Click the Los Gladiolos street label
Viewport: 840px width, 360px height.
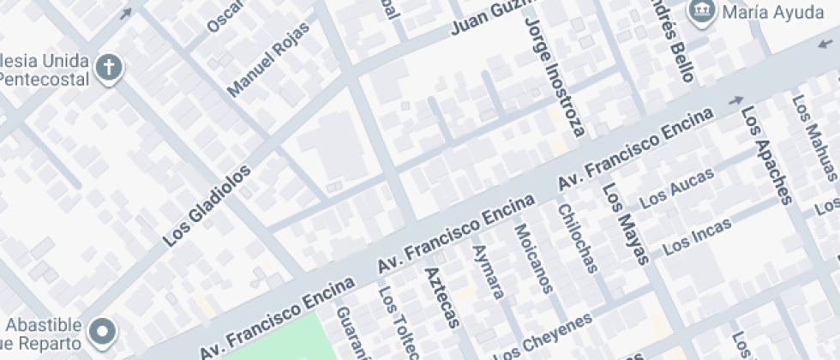click(x=208, y=207)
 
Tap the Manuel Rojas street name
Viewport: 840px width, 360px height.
click(x=268, y=68)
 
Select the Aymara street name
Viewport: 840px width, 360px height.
click(x=488, y=273)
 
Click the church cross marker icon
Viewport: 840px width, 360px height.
click(x=109, y=69)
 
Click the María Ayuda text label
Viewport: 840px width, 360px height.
click(x=767, y=12)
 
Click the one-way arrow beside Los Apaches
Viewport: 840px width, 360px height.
click(x=735, y=100)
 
